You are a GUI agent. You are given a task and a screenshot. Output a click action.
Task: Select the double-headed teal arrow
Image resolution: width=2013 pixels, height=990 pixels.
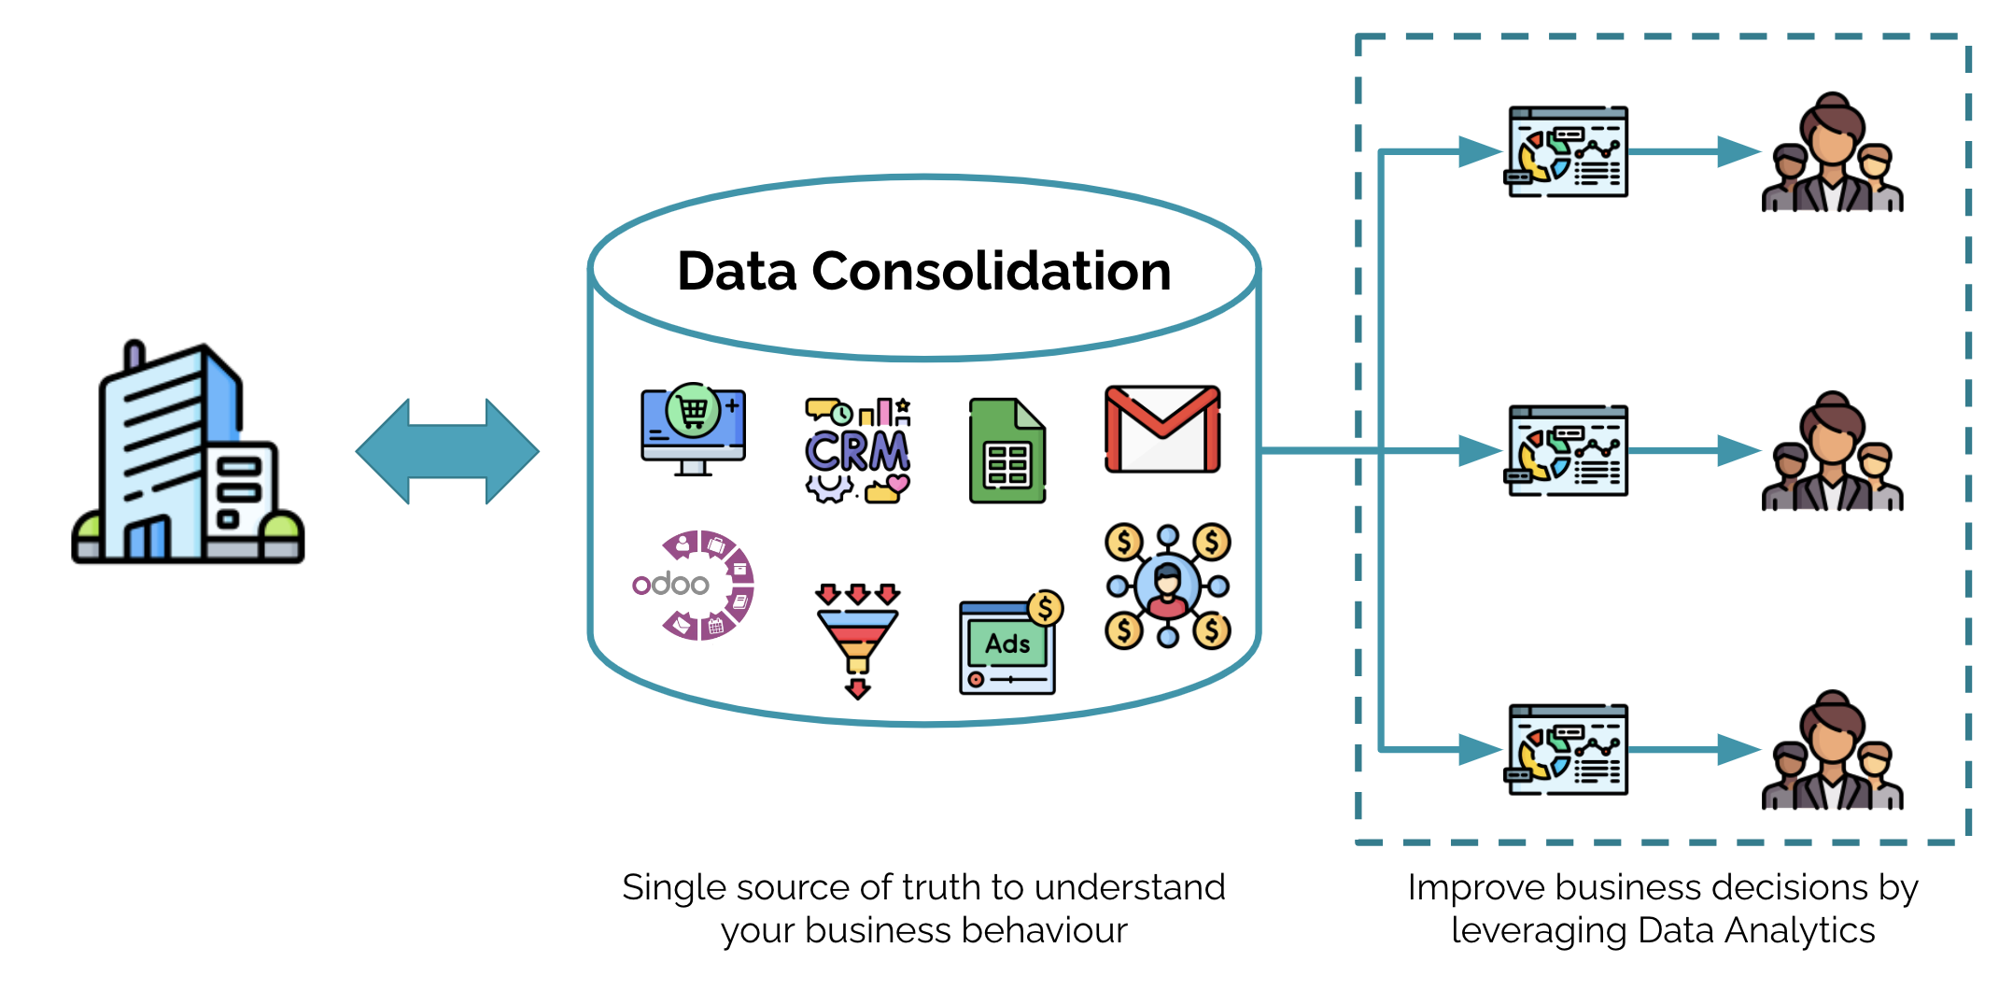(x=446, y=451)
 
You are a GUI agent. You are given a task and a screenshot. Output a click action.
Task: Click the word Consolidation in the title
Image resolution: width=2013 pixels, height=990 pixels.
(x=991, y=272)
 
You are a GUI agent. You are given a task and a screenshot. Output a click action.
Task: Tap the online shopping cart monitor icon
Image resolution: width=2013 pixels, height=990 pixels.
(x=693, y=429)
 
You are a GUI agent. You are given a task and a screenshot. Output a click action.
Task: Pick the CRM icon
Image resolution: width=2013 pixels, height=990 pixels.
(x=857, y=450)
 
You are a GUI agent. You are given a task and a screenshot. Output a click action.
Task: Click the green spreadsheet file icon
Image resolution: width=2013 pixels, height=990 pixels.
(x=1006, y=451)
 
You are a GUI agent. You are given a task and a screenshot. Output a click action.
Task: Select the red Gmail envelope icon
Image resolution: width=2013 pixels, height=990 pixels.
(x=1161, y=429)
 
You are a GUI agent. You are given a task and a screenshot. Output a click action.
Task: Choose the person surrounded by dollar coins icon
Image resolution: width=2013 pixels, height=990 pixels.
(x=1167, y=586)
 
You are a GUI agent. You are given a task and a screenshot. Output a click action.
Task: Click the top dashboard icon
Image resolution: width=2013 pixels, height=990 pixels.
(x=1568, y=152)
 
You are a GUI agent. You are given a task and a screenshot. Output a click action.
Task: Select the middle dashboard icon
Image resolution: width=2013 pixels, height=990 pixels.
(x=1568, y=451)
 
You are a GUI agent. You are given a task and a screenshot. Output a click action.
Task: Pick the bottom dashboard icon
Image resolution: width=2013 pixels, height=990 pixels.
(x=1568, y=750)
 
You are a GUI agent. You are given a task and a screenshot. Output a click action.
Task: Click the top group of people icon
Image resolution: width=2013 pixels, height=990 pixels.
(x=1832, y=154)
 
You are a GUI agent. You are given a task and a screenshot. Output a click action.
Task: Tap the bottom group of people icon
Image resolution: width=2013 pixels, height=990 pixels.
(x=1832, y=752)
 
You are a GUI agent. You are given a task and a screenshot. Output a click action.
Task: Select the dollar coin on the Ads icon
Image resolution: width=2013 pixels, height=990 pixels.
(x=1046, y=608)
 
